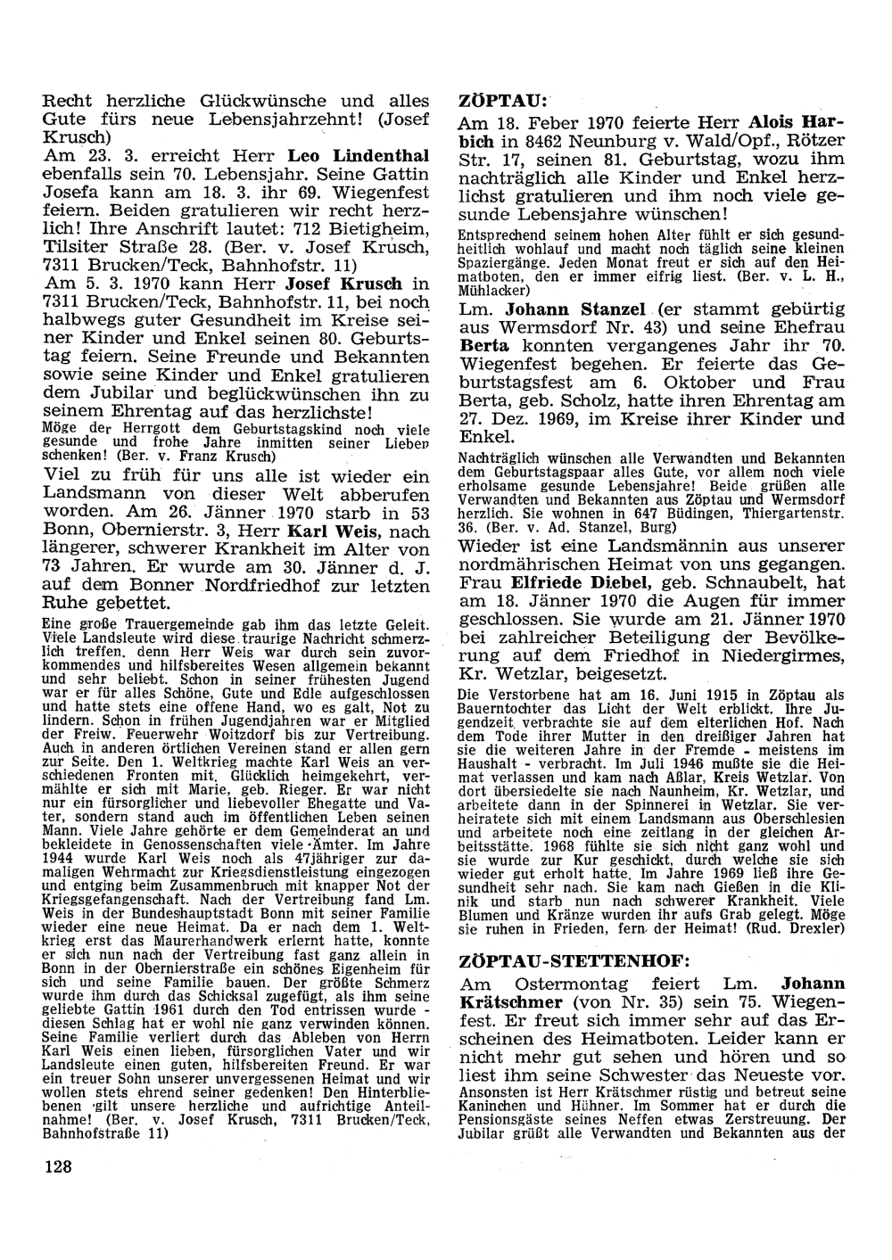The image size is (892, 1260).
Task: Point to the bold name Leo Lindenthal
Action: [x=364, y=155]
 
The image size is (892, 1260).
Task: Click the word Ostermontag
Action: [x=564, y=984]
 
